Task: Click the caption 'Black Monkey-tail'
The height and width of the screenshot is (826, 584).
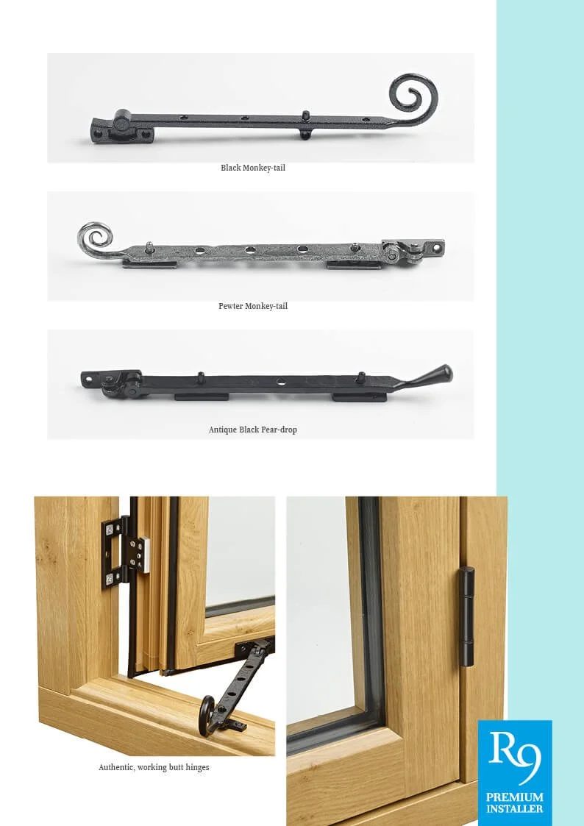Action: point(253,168)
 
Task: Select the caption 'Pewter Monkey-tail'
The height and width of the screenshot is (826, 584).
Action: point(253,306)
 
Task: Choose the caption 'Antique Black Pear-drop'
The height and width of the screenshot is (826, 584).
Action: point(253,430)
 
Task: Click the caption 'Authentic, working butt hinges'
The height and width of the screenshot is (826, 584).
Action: point(154,767)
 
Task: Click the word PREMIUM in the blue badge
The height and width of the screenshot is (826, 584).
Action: point(515,797)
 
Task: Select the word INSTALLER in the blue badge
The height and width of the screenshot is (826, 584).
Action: point(515,809)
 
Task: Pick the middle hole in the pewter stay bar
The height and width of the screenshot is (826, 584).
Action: point(251,250)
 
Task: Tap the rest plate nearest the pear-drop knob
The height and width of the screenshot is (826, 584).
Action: point(359,397)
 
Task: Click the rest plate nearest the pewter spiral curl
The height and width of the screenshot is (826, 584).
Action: point(149,263)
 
